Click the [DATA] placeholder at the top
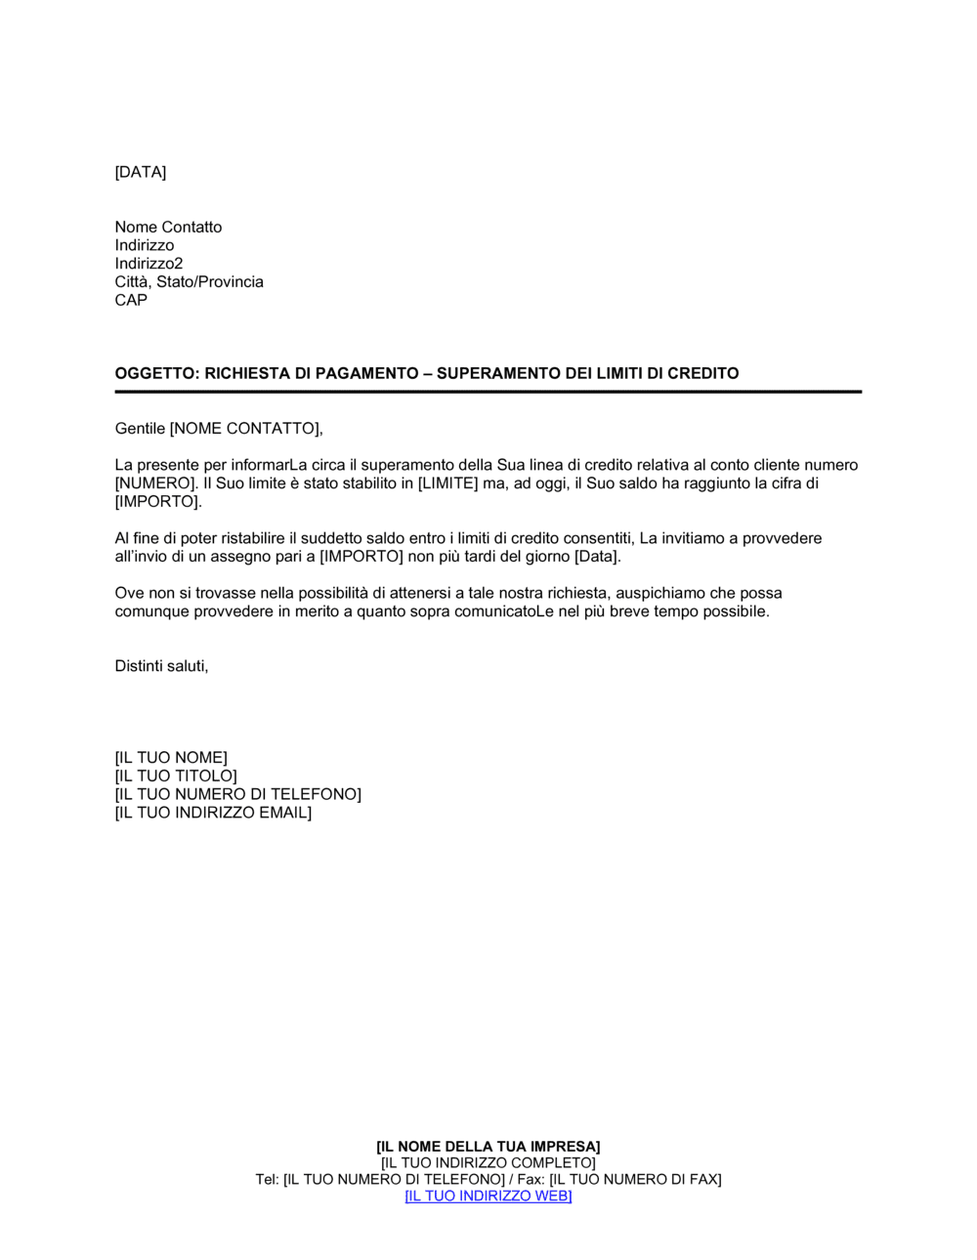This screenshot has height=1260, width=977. (x=141, y=172)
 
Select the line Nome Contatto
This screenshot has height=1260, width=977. (x=168, y=227)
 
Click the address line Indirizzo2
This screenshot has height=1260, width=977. (x=149, y=264)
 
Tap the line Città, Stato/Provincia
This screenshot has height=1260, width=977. (x=189, y=282)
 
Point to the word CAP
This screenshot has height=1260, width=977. (x=131, y=300)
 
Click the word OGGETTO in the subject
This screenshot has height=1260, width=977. (x=155, y=373)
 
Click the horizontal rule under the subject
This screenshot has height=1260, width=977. (x=488, y=392)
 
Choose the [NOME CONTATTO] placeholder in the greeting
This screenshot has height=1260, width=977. (x=245, y=428)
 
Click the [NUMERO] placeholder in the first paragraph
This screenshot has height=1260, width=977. (x=155, y=483)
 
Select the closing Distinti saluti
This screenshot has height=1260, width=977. (x=161, y=666)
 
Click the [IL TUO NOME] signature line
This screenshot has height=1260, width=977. (x=171, y=758)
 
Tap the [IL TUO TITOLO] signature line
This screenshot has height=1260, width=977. (x=176, y=777)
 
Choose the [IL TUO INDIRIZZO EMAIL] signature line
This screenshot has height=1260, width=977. (x=213, y=813)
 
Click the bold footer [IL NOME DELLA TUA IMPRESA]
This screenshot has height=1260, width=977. (x=488, y=1147)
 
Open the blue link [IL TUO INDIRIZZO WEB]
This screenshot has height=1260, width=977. (x=488, y=1197)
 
